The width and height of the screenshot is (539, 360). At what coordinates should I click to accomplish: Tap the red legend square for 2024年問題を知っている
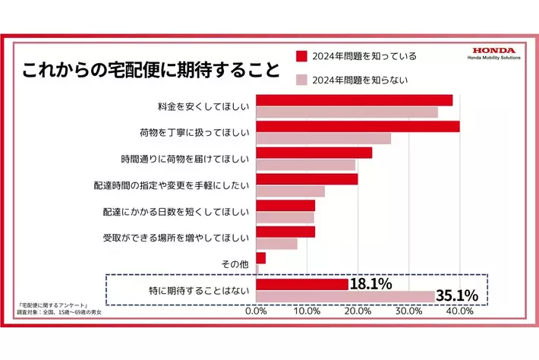(x=301, y=55)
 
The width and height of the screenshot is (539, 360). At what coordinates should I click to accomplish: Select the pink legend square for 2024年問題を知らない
(x=301, y=79)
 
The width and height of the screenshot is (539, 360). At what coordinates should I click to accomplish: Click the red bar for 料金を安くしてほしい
(x=355, y=100)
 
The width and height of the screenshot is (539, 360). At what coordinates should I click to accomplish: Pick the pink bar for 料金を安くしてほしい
(x=347, y=112)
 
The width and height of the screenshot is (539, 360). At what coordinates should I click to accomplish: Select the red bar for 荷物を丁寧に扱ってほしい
(x=358, y=126)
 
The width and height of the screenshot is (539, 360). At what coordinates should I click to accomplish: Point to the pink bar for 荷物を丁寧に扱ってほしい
(x=323, y=138)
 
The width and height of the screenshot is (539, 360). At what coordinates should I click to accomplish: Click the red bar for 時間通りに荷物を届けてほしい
(x=314, y=153)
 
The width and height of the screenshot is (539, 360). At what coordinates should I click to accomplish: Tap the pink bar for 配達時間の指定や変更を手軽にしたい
(x=291, y=191)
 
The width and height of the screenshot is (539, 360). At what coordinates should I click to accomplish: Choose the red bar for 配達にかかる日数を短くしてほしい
(x=285, y=205)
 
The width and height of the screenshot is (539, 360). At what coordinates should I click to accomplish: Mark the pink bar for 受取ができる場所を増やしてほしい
(x=277, y=244)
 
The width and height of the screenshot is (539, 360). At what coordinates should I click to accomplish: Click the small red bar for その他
(x=261, y=258)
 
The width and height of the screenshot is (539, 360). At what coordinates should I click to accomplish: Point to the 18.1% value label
(x=370, y=284)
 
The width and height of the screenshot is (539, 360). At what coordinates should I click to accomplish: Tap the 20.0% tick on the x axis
(x=358, y=311)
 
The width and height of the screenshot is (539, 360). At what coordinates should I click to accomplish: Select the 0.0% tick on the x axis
(x=257, y=311)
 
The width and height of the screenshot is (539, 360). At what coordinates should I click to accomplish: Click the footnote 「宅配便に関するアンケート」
(x=55, y=305)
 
